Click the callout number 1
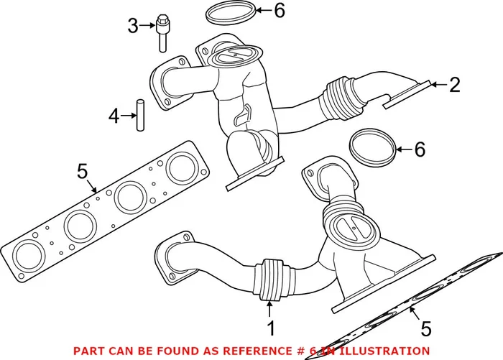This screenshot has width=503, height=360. click(271, 329)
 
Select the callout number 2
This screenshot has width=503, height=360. click(454, 86)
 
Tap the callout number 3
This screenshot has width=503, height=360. click(132, 27)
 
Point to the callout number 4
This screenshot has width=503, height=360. click(114, 114)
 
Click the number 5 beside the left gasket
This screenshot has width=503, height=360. click(82, 172)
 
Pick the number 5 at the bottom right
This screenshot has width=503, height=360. click(425, 329)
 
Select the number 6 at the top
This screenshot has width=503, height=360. click(279, 10)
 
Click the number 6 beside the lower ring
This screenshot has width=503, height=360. click(420, 149)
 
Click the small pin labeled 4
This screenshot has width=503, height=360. click(141, 114)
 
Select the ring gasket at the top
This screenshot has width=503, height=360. click(230, 11)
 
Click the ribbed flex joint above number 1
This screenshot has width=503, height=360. click(272, 279)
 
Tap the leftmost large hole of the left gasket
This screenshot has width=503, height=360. click(27, 254)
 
